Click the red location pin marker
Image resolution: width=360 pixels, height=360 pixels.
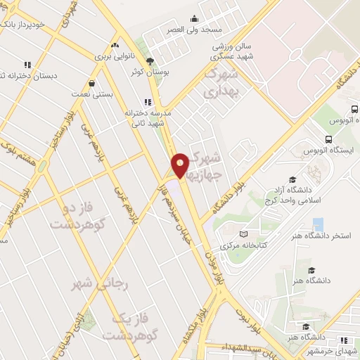coord(181,165)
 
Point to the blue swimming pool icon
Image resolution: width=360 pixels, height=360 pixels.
coord(318,224)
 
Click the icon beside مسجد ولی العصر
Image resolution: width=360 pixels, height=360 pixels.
coord(195,20)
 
